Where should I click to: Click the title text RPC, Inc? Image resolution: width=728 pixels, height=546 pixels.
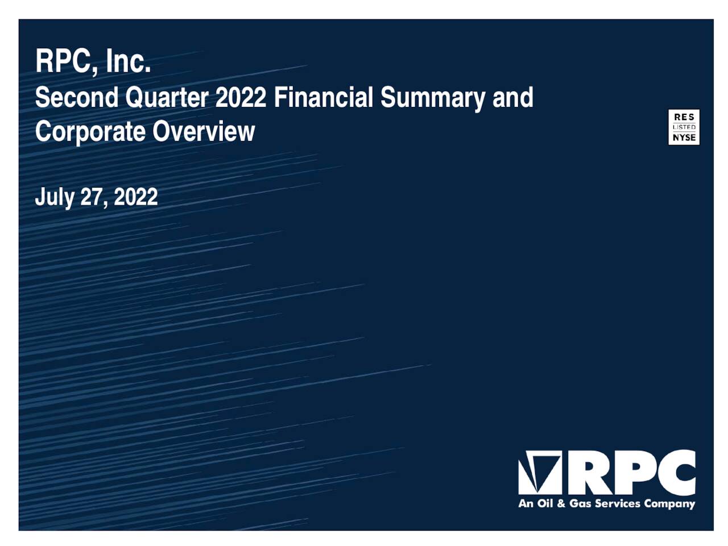pos(93,61)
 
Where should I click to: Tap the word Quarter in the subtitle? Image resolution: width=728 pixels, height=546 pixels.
pos(167,98)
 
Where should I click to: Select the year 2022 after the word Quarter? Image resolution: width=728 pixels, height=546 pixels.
pos(241,97)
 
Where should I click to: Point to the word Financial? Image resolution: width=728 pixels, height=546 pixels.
pos(324,97)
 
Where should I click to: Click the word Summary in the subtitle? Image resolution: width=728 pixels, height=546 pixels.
pos(433,98)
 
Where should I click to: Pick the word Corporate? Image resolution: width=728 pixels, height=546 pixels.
pos(90,132)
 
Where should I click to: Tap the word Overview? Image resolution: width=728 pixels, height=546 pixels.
pos(204,131)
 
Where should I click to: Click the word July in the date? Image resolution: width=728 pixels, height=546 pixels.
pos(55,197)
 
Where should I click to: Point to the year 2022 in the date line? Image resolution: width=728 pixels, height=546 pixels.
pos(136,197)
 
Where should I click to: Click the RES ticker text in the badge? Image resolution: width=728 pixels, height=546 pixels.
pos(684,117)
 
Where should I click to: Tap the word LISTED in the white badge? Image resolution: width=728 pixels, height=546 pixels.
pos(684,127)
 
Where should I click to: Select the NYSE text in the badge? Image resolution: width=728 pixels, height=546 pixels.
pos(684,138)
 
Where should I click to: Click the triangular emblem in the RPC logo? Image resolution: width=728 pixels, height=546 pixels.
pos(539,472)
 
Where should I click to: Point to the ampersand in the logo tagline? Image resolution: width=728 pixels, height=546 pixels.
pos(560,503)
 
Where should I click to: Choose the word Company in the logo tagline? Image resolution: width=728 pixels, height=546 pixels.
pos(669,504)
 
